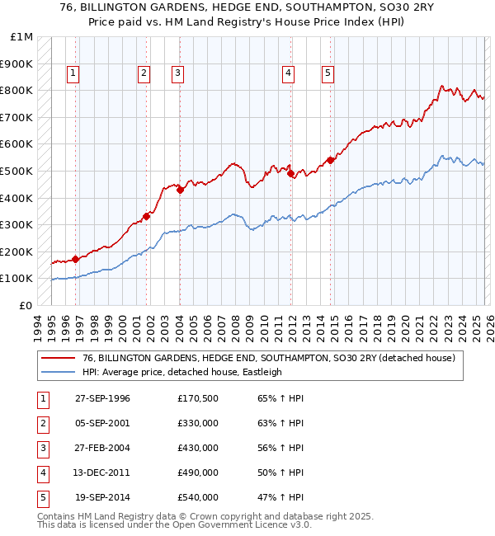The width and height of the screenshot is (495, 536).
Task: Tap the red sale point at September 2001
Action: [146, 217]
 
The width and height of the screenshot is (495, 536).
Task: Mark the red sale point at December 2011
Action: [290, 173]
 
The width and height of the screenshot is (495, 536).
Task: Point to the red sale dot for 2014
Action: [330, 160]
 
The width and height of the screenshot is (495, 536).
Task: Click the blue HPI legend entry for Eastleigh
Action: [181, 372]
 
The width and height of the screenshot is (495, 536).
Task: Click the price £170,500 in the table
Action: [198, 398]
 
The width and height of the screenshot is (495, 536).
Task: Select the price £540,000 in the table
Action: [198, 497]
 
